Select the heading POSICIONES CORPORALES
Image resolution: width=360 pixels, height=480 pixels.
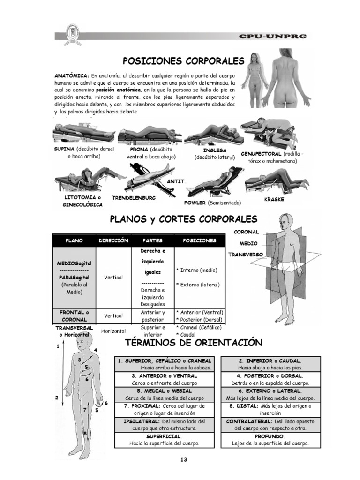[x=183, y=61]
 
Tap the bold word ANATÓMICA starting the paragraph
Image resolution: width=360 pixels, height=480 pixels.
[x=72, y=76]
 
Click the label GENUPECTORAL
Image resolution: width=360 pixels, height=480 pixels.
[x=261, y=154]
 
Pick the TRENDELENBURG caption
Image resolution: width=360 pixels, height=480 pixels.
[x=134, y=198]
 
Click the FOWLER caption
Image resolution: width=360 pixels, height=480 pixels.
[x=195, y=202]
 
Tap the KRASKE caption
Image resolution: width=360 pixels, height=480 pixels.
[x=274, y=199]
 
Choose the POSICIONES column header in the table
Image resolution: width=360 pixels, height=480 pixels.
[x=199, y=240]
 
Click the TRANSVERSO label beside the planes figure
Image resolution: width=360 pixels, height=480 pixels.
[x=246, y=255]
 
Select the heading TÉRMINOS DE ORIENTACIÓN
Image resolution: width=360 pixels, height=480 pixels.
[x=193, y=343]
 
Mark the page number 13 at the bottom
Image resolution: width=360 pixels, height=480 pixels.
[x=183, y=460]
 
